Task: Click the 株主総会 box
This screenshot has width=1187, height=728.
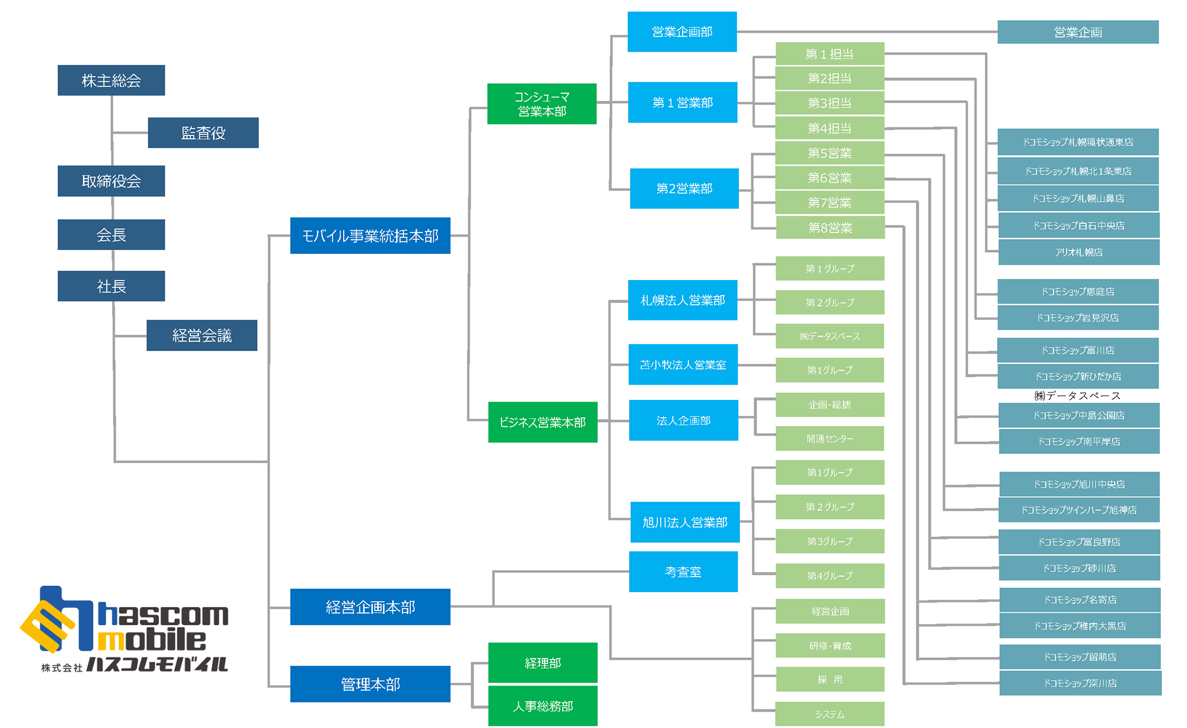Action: click(x=111, y=80)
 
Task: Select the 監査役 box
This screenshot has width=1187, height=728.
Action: click(x=203, y=133)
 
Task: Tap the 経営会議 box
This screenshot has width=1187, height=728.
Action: click(x=202, y=335)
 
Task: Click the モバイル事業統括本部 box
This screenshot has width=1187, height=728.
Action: click(x=370, y=236)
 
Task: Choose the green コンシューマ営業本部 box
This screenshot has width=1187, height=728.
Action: click(x=542, y=104)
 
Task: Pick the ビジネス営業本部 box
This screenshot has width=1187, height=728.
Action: click(x=543, y=422)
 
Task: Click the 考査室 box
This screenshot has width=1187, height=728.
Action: click(x=683, y=571)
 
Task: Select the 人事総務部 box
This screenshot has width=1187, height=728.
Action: click(x=543, y=706)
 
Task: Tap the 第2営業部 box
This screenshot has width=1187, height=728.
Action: click(x=684, y=189)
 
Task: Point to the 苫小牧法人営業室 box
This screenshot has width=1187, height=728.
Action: click(x=683, y=364)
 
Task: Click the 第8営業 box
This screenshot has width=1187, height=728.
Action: click(x=830, y=228)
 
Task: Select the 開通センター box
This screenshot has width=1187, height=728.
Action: click(x=830, y=438)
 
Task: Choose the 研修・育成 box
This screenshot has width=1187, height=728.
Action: click(x=830, y=646)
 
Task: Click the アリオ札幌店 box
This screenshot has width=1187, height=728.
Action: click(x=1079, y=252)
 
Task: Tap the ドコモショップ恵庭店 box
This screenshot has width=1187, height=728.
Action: click(x=1078, y=291)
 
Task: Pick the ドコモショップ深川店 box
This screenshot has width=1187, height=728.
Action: click(x=1080, y=684)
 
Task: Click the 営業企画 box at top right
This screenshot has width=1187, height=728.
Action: click(x=1078, y=32)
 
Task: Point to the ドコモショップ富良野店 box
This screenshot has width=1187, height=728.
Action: click(x=1079, y=542)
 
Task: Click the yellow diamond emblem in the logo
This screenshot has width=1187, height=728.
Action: click(x=47, y=627)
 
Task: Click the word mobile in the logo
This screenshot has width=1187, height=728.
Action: click(x=152, y=640)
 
